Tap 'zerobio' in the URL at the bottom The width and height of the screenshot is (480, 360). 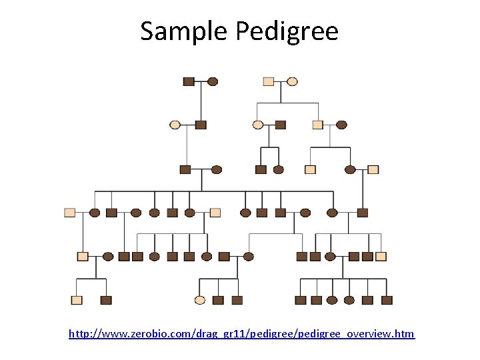141,333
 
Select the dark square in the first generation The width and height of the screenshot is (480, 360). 189,81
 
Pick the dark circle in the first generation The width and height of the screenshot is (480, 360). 213,81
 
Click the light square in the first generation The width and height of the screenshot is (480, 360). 268,81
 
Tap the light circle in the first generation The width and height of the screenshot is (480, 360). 292,81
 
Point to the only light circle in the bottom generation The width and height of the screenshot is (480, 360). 199,300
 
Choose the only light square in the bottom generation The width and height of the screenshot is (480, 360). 77,300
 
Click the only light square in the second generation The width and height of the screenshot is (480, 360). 318,125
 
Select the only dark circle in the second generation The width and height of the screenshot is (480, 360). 341,125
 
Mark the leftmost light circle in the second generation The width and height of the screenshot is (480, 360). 175,125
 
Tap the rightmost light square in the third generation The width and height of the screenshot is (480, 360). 373,169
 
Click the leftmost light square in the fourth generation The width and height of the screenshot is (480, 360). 69,213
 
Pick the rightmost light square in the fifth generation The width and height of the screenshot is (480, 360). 381,256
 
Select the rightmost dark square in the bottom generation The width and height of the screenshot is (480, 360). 386,300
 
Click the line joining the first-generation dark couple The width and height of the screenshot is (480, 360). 201,81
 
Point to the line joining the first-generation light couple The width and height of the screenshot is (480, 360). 280,81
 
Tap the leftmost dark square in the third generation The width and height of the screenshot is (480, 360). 185,169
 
